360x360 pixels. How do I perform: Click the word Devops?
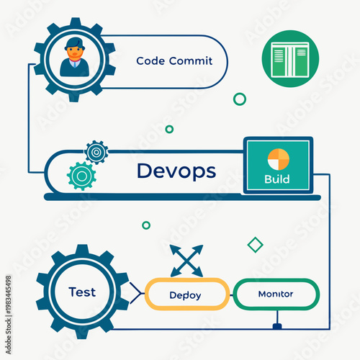click(176, 171)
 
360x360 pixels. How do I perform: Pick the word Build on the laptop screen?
click(277, 179)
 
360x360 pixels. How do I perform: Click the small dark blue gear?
click(96, 152)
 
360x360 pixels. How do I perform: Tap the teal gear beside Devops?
click(81, 175)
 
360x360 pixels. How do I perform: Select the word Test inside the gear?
click(81, 292)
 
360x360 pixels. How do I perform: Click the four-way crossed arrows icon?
click(186, 260)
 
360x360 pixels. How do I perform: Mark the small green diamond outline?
click(255, 245)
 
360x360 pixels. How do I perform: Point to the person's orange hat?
click(72, 42)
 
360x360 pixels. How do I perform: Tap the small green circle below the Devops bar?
click(146, 225)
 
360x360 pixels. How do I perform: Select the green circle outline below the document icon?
click(240, 99)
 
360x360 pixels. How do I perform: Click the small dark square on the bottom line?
click(277, 327)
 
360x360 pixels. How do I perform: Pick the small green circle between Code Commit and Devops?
click(169, 129)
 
